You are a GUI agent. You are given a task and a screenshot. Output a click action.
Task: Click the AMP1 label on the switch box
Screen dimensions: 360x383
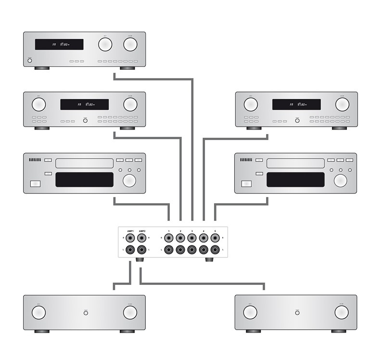[130, 231]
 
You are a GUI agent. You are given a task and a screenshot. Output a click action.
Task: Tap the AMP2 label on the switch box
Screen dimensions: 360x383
[142, 231]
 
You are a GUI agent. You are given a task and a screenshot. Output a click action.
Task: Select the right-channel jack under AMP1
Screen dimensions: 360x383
[130, 238]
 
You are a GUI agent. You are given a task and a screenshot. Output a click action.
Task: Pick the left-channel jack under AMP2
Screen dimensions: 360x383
[142, 250]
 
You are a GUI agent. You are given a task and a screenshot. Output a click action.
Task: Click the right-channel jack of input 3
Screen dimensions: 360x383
[192, 238]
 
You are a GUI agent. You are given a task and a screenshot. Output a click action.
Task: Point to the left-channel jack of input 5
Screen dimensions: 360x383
[215, 250]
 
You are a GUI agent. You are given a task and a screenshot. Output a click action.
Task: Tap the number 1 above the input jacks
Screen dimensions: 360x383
[169, 231]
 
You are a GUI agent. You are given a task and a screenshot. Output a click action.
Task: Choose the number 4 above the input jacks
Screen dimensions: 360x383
[204, 231]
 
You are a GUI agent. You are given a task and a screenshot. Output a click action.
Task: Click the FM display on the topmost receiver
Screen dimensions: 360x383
[59, 45]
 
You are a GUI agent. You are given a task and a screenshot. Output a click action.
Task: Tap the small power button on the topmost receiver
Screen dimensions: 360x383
[30, 61]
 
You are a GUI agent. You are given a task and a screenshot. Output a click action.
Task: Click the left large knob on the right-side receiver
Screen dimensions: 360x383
[250, 104]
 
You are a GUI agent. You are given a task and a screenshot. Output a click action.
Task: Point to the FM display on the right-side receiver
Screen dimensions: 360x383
[296, 104]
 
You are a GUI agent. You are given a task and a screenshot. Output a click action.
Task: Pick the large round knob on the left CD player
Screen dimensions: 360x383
[129, 180]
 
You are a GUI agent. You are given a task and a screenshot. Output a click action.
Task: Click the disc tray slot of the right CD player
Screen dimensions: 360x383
[295, 163]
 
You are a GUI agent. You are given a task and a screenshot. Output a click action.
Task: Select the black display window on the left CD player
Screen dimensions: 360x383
[84, 180]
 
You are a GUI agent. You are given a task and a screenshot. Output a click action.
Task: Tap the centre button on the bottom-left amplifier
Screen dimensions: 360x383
[86, 312]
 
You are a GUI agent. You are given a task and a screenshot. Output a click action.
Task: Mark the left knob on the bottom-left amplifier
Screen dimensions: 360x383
[39, 312]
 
